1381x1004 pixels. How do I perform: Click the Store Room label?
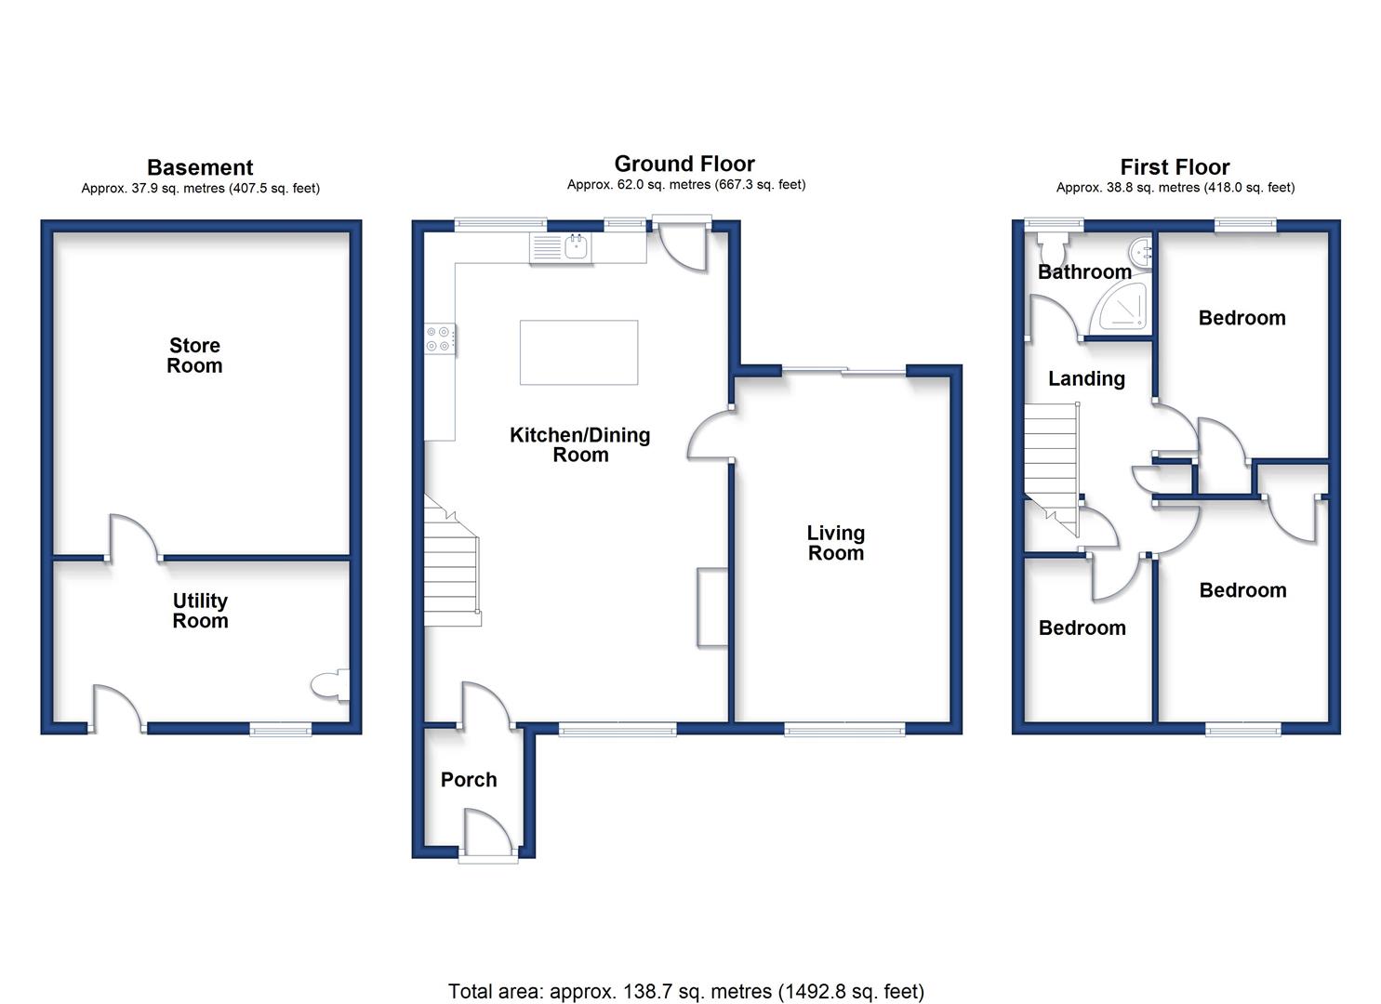pos(194,355)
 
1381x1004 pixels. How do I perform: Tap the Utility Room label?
pos(200,610)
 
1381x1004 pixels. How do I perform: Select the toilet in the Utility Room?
pos(330,685)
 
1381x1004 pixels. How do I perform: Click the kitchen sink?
pos(561,248)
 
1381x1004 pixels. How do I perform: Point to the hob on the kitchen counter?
pos(440,339)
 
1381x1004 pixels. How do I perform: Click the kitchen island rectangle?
pos(579,352)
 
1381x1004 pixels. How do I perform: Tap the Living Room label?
pos(836,543)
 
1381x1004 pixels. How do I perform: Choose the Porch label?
pos(469,780)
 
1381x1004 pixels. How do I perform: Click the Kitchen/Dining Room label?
pos(580,444)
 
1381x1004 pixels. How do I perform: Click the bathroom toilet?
pos(1052,247)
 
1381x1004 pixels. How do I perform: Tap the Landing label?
pos(1087,378)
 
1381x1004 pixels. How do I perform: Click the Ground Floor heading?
pos(684,164)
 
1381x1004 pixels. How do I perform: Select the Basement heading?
pos(200,167)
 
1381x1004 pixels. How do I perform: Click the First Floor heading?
pos(1175,167)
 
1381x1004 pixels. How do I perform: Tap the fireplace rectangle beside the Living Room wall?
pos(712,607)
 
